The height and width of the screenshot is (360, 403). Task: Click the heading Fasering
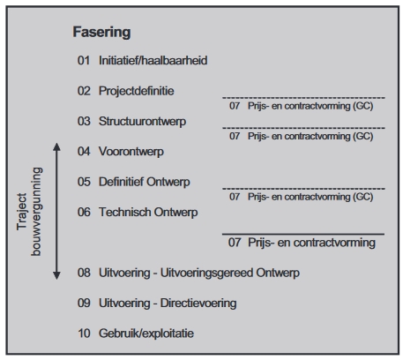[101, 33]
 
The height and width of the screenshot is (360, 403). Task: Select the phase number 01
[84, 61]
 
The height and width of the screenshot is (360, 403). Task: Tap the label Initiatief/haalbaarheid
[153, 61]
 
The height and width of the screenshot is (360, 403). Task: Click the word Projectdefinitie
[137, 91]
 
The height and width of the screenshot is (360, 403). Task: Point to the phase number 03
[84, 121]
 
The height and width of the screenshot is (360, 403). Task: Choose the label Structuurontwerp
[142, 122]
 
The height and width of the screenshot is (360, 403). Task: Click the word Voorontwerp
[131, 152]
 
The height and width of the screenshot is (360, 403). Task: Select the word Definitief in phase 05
[121, 182]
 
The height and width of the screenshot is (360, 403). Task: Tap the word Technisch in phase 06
[124, 212]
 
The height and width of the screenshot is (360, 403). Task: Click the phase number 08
[84, 273]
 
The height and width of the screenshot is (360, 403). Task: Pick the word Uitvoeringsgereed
[206, 273]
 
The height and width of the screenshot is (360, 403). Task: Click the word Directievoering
[198, 304]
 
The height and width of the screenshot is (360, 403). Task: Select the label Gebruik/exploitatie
[146, 334]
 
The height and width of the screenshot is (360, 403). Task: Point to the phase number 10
[84, 334]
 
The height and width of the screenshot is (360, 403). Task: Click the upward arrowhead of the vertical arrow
[56, 146]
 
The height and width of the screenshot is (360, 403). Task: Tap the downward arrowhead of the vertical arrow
[56, 275]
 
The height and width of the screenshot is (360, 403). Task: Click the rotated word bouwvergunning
[36, 212]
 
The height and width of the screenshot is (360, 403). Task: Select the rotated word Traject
[22, 212]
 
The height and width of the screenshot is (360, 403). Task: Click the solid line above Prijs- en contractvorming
[303, 234]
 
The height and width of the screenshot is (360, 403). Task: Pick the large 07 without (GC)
[235, 243]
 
